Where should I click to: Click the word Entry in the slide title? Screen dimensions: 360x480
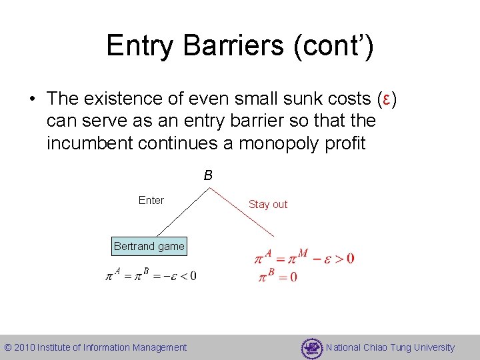click(137, 46)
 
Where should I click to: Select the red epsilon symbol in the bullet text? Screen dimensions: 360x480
click(385, 99)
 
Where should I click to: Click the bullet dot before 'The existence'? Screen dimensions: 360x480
click(31, 99)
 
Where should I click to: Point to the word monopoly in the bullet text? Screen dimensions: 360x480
click(284, 143)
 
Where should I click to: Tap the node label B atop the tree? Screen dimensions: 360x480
click(208, 176)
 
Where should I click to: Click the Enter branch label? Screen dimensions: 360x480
click(151, 200)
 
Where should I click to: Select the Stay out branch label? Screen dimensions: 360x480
click(268, 205)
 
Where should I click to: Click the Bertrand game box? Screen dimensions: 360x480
click(149, 246)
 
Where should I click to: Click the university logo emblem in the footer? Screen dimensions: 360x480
click(311, 347)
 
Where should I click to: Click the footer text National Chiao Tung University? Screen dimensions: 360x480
click(390, 347)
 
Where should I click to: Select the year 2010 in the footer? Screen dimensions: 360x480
click(25, 347)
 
